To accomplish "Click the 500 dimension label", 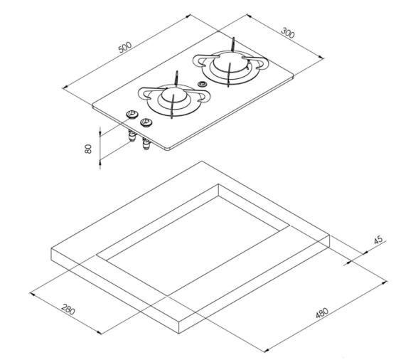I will click(x=125, y=47).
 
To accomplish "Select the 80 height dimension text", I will click(x=88, y=149).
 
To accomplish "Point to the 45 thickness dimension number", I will click(x=378, y=240).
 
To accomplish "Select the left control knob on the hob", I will click(x=131, y=115).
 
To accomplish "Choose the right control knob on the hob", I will click(x=146, y=122).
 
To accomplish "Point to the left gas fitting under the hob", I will click(x=132, y=137).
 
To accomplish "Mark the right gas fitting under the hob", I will click(x=147, y=146).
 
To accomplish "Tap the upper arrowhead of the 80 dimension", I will click(x=100, y=130).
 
